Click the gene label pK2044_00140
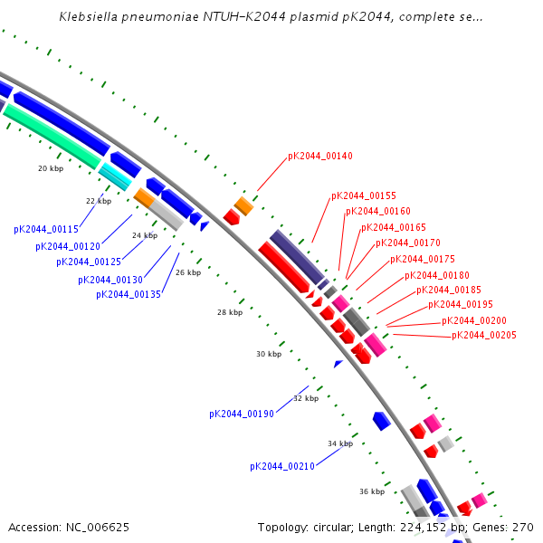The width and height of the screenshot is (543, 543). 319,156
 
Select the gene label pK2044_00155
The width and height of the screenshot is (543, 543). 363,195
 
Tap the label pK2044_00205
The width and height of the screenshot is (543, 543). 483,336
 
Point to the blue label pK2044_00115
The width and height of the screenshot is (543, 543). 45,230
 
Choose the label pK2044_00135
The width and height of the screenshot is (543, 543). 128,294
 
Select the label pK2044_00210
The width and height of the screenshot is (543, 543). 281,466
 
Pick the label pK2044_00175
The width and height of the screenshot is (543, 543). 422,259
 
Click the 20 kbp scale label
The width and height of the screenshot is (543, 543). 51,168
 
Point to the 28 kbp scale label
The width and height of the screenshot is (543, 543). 230,312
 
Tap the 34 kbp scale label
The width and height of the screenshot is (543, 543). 339,443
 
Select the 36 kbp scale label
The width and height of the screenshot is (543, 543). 372,491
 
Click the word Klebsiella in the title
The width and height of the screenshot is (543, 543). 89,17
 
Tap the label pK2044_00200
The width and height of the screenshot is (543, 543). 473,320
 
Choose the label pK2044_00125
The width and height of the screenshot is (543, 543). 89,262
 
